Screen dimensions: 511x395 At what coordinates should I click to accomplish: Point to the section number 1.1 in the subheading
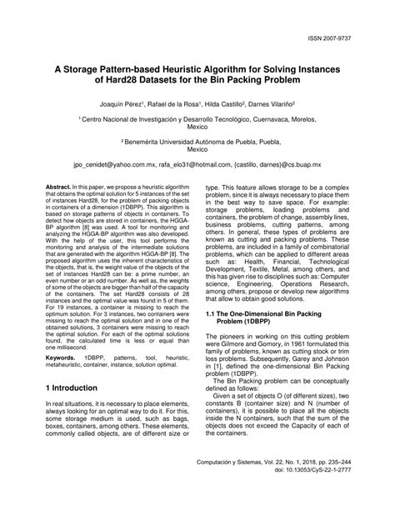tap(212, 313)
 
